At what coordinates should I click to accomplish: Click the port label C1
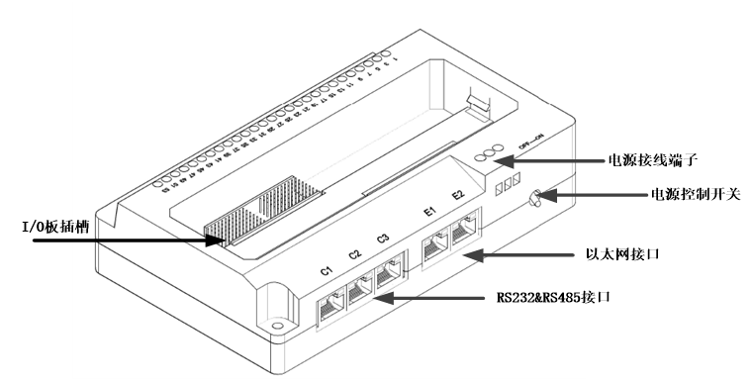pyautogui.click(x=326, y=271)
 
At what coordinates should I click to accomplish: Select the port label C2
pyautogui.click(x=355, y=254)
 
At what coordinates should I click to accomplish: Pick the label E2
pyautogui.click(x=458, y=195)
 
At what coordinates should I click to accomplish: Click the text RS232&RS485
pyautogui.click(x=540, y=297)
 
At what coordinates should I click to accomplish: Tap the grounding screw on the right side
pyautogui.click(x=535, y=199)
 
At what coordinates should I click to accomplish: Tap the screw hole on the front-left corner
pyautogui.click(x=279, y=324)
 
